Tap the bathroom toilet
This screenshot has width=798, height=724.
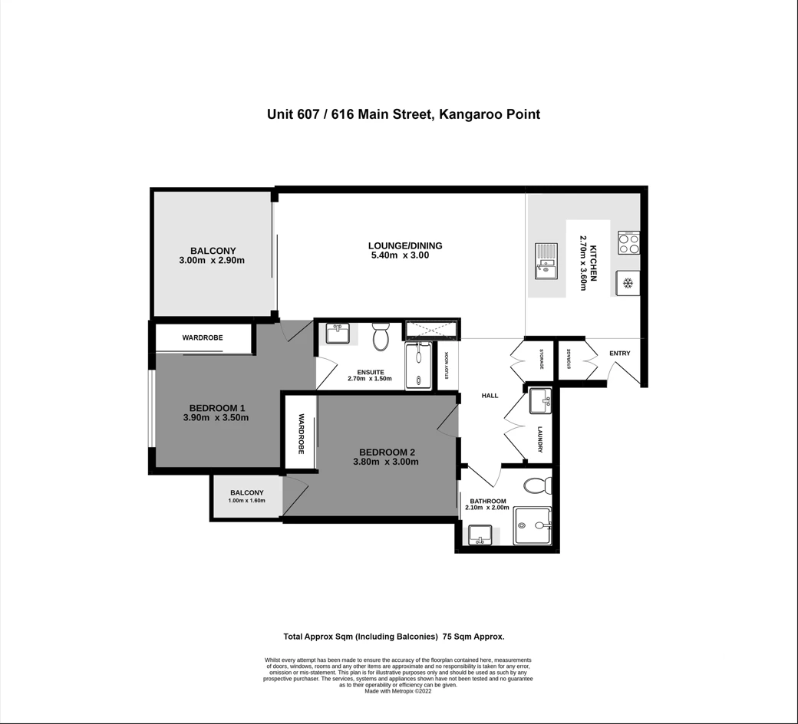tap(537, 485)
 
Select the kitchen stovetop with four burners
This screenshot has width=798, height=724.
tap(629, 242)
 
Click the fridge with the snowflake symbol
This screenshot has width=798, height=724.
tap(628, 283)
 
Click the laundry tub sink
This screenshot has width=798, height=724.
tap(540, 401)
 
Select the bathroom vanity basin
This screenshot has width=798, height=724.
tap(480, 535)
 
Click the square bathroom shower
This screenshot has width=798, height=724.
tap(532, 525)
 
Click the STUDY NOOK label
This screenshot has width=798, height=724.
tap(447, 366)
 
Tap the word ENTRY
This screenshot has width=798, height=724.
tap(619, 353)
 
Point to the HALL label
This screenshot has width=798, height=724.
tap(490, 395)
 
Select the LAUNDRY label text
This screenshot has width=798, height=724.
tap(540, 439)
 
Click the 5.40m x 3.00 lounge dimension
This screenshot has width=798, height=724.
tap(400, 255)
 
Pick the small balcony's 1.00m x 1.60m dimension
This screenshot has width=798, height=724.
tap(247, 501)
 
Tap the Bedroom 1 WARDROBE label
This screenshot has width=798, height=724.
tap(203, 337)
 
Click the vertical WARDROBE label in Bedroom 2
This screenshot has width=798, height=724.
tap(301, 434)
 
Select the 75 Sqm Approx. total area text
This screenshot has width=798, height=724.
tap(474, 637)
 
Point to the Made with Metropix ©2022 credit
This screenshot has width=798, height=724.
tap(398, 692)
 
